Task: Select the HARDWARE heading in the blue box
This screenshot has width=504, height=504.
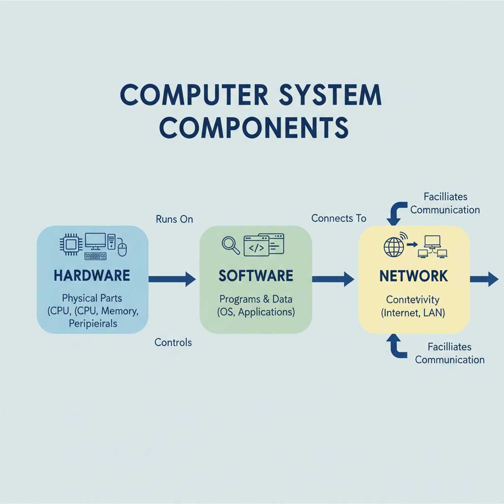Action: [92, 276]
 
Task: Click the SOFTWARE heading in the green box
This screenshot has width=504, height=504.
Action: [255, 276]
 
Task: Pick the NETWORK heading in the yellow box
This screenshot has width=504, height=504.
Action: [413, 276]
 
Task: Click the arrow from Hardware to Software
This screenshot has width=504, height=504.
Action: [172, 280]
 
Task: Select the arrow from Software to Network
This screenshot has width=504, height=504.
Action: [333, 280]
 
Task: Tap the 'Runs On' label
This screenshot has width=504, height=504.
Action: [174, 220]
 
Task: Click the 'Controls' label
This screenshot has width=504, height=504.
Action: [173, 342]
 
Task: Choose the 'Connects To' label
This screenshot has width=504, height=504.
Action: [339, 218]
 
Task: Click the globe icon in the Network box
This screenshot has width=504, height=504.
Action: [393, 247]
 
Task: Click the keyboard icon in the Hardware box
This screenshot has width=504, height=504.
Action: [95, 256]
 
